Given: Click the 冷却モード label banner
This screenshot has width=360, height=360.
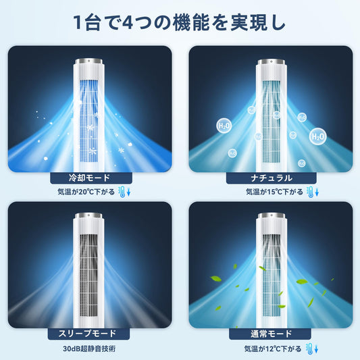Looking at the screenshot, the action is (x=91, y=178).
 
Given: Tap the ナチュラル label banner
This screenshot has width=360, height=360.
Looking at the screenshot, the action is (x=271, y=178).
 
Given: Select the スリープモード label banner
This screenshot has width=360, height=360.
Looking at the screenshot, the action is (x=88, y=334).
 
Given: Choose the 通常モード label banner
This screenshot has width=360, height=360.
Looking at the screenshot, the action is (x=270, y=334).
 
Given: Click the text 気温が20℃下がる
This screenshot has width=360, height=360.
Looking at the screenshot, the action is (x=86, y=192).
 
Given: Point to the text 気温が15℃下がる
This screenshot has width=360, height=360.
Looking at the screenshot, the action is (x=275, y=192).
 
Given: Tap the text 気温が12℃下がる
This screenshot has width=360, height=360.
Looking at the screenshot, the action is (x=273, y=349).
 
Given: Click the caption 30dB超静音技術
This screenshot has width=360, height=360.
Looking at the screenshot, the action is (x=89, y=349).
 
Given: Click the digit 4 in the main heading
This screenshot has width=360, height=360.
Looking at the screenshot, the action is (x=128, y=23).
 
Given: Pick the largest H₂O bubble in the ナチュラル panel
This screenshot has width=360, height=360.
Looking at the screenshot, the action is (x=317, y=136).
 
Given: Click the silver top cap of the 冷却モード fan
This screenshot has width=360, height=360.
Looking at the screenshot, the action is (x=88, y=61).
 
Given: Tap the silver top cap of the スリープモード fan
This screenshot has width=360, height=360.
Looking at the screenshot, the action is (x=88, y=216).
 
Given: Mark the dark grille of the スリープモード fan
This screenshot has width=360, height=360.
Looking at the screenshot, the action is (x=89, y=276).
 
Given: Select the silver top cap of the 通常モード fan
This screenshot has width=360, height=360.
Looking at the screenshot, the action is (x=272, y=216).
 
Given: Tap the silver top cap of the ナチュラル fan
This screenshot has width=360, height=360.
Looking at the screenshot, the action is (x=272, y=61).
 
